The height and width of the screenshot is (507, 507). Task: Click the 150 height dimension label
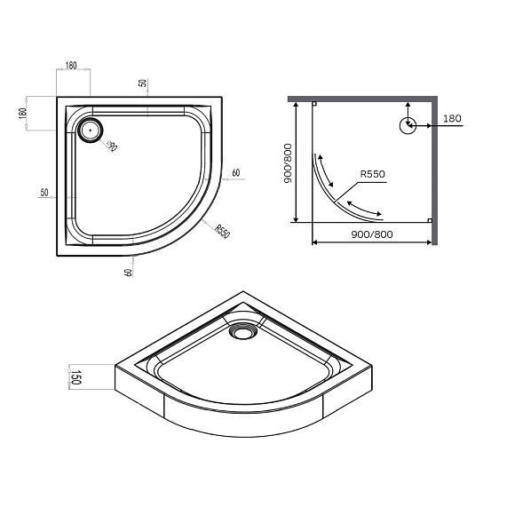75,377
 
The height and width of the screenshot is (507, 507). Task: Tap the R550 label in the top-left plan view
222,231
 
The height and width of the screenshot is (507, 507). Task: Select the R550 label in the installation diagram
373,174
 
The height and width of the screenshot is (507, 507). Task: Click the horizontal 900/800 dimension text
372,234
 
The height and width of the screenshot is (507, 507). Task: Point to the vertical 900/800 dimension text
288,163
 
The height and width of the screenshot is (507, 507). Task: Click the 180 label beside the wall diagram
452,118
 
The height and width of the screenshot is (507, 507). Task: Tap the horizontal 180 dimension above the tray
71,66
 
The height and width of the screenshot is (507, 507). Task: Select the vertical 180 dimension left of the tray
22,113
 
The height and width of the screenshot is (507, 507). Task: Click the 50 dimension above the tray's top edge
142,83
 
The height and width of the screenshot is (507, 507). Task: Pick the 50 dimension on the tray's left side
44,193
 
